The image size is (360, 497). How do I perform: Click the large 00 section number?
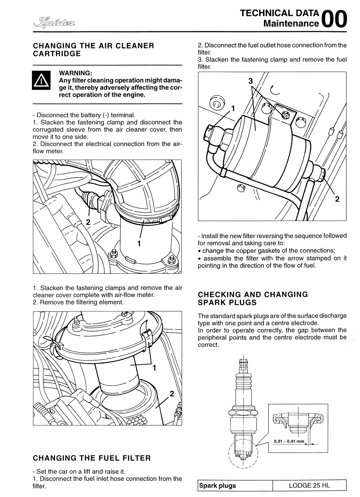(x=336, y=19)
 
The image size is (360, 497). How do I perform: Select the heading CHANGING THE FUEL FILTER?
(x=92, y=458)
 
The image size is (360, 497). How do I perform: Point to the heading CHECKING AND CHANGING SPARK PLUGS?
(x=253, y=298)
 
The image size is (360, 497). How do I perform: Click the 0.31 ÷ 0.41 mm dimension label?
(x=289, y=441)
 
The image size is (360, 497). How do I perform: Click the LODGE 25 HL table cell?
(x=310, y=485)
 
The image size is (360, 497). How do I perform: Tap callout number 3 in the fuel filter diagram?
(x=251, y=81)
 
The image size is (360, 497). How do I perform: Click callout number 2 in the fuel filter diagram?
(x=337, y=199)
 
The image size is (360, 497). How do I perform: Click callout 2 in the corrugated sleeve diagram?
(x=88, y=222)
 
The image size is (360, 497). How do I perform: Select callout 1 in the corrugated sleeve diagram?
(x=138, y=244)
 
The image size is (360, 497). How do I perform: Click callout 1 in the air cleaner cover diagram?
(x=154, y=367)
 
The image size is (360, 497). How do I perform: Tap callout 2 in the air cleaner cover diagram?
(x=172, y=394)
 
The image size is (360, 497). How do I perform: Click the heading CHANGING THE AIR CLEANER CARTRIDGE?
(x=93, y=49)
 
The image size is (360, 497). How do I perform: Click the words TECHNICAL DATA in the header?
(x=280, y=14)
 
